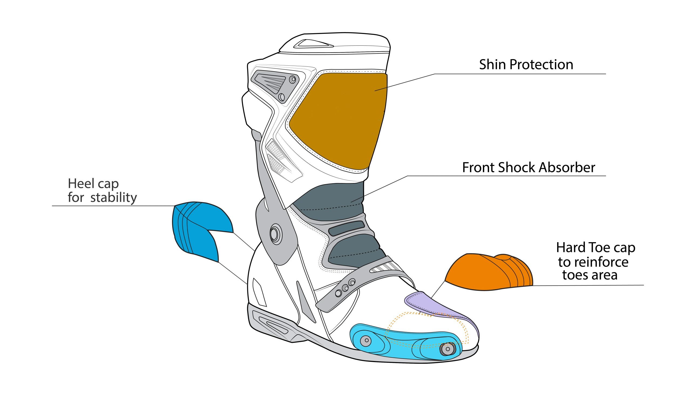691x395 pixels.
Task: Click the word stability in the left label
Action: click(x=114, y=198)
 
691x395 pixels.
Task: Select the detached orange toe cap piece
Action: click(x=489, y=272)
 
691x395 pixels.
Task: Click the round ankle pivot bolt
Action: click(x=276, y=234)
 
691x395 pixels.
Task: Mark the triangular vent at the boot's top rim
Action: click(x=313, y=44)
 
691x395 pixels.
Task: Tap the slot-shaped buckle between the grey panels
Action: click(x=346, y=228)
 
